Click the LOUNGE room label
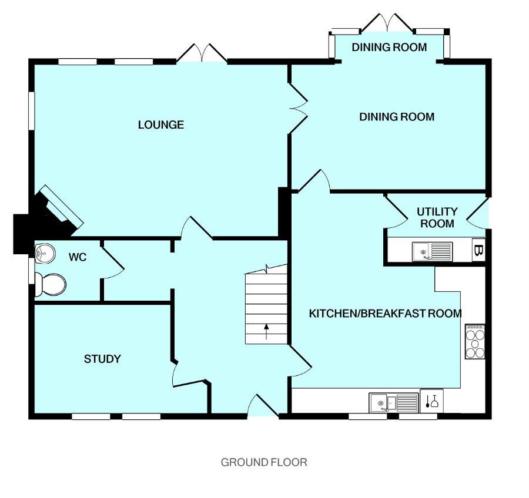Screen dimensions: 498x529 [160, 124]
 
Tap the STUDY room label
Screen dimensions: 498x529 [102, 359]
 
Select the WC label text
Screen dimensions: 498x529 [78, 257]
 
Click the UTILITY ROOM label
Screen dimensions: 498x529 [437, 217]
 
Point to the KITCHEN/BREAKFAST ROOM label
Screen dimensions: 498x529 [385, 313]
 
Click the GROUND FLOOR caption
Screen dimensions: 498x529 [264, 462]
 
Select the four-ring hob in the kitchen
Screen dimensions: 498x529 [475, 341]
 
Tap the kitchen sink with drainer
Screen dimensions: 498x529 [393, 403]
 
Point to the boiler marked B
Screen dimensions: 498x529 [478, 251]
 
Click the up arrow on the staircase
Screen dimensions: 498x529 [266, 332]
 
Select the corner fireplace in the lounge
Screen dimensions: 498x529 [59, 208]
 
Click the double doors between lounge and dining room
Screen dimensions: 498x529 [298, 107]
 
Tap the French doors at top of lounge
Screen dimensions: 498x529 [202, 54]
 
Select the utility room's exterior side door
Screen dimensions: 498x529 [480, 214]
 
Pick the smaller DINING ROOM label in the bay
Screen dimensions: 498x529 [389, 47]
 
